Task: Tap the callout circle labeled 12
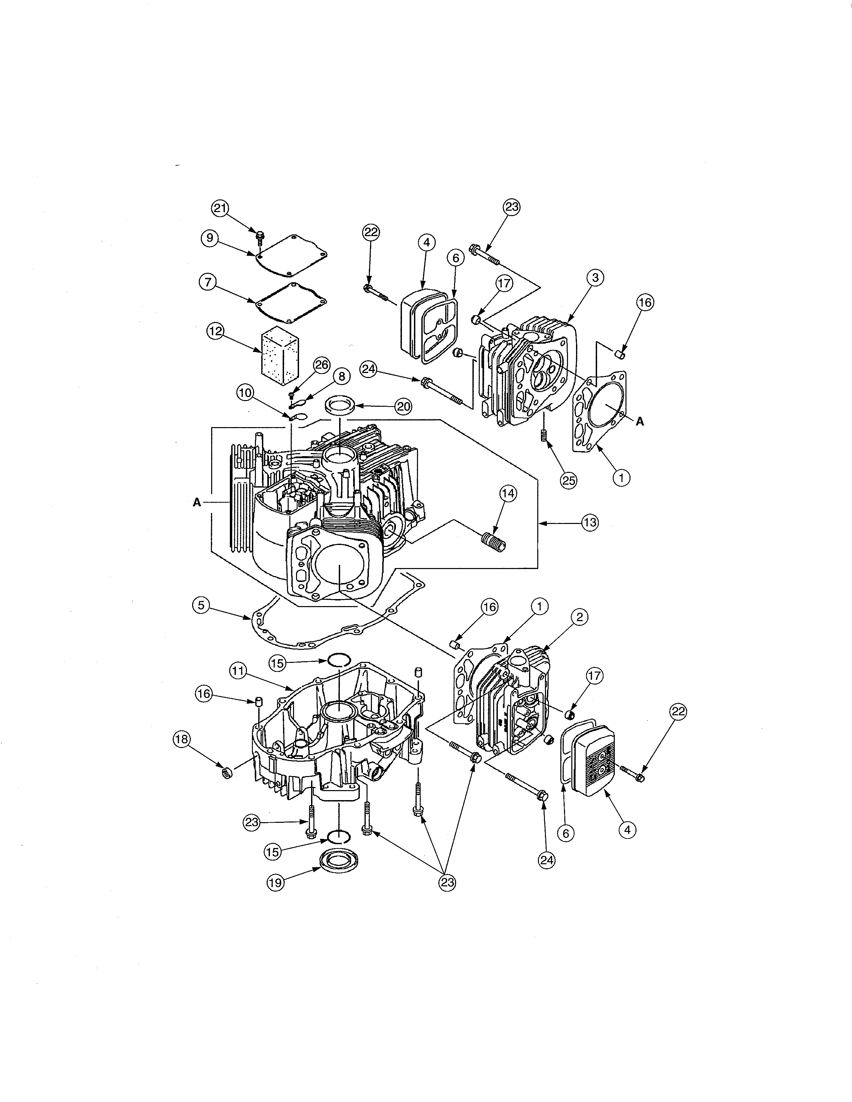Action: pos(216,332)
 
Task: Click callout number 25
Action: pos(569,481)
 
